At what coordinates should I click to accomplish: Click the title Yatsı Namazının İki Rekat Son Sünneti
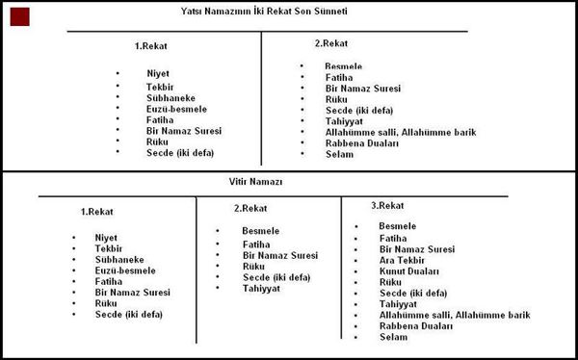click(264, 12)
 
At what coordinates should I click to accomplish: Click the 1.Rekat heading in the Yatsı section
click(152, 45)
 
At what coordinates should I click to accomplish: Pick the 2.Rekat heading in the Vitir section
click(250, 208)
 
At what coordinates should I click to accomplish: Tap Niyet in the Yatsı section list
click(157, 73)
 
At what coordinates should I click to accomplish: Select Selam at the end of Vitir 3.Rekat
click(394, 337)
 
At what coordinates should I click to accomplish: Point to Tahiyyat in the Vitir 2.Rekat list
click(261, 288)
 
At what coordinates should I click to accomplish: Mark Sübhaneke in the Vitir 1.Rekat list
click(118, 259)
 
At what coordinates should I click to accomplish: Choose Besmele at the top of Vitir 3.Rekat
click(398, 225)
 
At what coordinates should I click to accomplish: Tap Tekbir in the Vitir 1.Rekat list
click(109, 248)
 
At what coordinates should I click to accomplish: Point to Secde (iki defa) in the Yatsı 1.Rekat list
click(180, 152)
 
